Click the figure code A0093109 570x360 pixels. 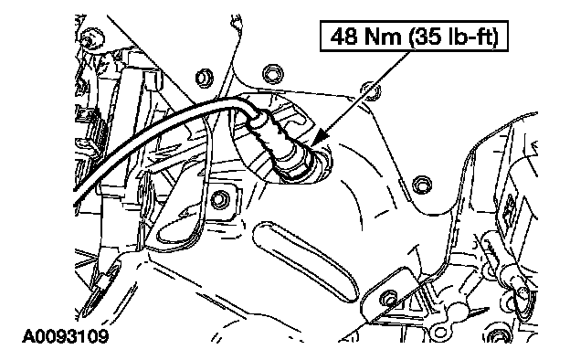pos(66,336)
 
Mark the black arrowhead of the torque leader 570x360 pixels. pos(322,137)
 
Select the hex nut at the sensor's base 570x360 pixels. pos(301,165)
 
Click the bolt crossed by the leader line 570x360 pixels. pos(372,90)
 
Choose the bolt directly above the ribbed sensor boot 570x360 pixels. pos(272,74)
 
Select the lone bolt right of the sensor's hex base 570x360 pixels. pos(422,185)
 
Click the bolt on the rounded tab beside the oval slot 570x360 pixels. pos(388,299)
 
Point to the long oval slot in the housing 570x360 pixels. pos(305,261)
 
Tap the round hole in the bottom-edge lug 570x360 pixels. pos(440,332)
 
